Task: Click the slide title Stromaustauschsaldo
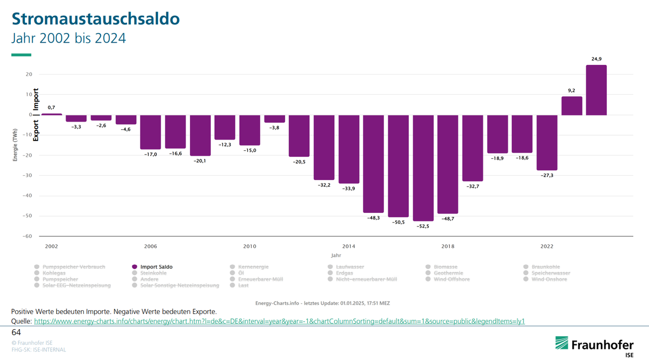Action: [x=96, y=19]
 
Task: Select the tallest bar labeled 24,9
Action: [x=596, y=90]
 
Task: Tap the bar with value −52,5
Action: [x=423, y=168]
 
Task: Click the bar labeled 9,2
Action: [x=572, y=106]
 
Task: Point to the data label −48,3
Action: [x=373, y=218]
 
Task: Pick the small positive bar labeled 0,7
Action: [x=52, y=114]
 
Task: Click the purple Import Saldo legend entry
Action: [x=156, y=267]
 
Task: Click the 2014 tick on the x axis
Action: [x=349, y=246]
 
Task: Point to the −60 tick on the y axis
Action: [x=28, y=236]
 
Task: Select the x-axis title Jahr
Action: [x=336, y=255]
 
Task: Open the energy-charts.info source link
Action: [x=279, y=321]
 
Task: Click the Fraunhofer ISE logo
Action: [x=594, y=344]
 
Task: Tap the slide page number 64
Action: [x=16, y=332]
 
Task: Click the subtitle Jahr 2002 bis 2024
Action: [x=69, y=39]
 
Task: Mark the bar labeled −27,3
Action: [x=547, y=142]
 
